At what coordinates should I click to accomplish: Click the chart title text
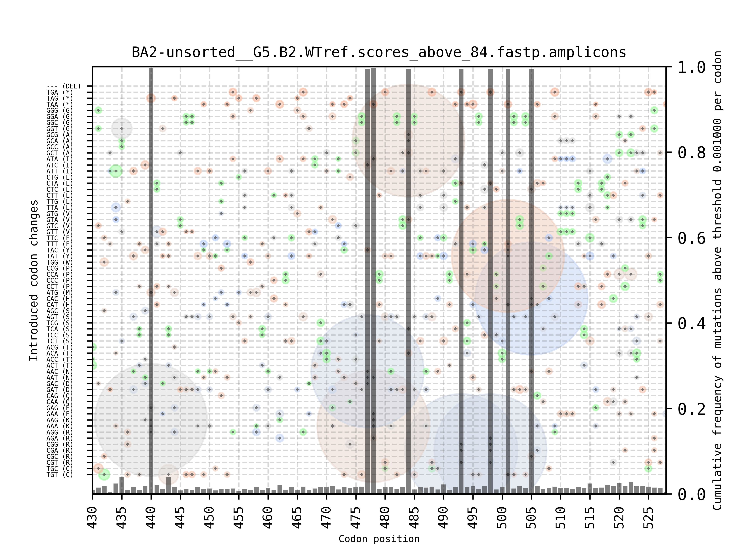tap(379, 53)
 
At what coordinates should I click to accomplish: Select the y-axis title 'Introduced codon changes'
tap(34, 280)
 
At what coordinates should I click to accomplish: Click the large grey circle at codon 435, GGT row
tap(122, 129)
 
